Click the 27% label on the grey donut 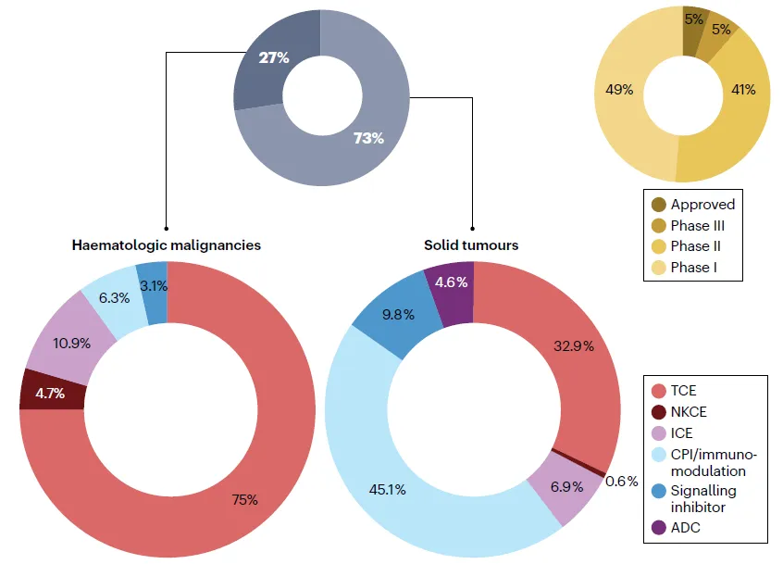273,57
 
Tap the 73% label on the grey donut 367,139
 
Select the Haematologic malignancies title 167,245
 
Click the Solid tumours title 471,245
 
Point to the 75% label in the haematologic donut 244,500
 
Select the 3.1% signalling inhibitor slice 153,286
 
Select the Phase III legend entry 692,226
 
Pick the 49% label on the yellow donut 619,90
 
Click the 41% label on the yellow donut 742,90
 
